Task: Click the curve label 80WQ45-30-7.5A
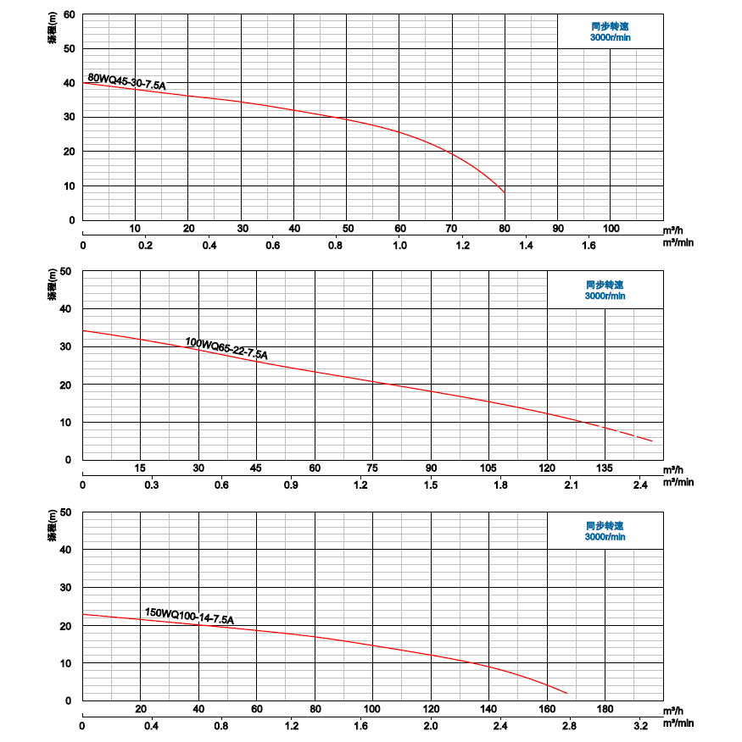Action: click(126, 82)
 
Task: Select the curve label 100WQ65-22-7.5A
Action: click(226, 348)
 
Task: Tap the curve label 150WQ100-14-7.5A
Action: click(189, 616)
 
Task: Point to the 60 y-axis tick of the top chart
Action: click(70, 14)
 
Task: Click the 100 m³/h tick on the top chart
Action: click(611, 229)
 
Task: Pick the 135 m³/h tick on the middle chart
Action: click(605, 468)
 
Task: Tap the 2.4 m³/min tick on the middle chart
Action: click(640, 485)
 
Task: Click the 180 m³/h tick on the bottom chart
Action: click(605, 709)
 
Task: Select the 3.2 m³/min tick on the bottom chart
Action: click(640, 725)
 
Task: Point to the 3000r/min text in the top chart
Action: click(611, 38)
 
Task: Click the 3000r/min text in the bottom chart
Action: click(605, 536)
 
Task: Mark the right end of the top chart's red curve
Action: click(505, 192)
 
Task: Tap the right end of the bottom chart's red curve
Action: click(566, 692)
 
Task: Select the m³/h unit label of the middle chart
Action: click(672, 469)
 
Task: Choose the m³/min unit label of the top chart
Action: click(678, 245)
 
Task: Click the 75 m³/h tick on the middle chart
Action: click(372, 468)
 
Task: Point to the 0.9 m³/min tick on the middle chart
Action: click(291, 485)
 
